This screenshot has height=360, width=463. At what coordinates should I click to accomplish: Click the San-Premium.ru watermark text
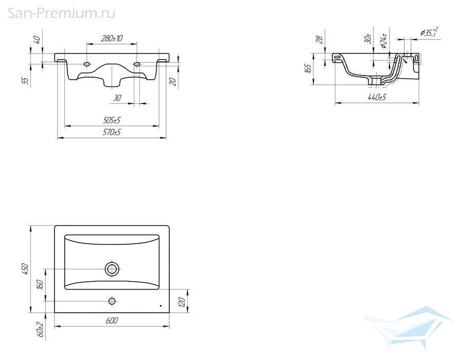pyautogui.click(x=61, y=13)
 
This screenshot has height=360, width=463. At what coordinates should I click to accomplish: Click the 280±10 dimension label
pyautogui.click(x=112, y=39)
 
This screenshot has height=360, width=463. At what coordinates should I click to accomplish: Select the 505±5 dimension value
pyautogui.click(x=112, y=120)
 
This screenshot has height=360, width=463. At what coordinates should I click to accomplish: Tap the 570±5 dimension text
pyautogui.click(x=112, y=133)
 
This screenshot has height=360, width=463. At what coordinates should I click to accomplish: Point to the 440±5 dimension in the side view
pyautogui.click(x=377, y=97)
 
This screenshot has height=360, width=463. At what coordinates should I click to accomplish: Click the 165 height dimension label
pyautogui.click(x=308, y=69)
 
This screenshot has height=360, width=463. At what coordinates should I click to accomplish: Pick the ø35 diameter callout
pyautogui.click(x=429, y=32)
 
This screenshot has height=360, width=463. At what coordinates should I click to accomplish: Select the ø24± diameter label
pyautogui.click(x=383, y=41)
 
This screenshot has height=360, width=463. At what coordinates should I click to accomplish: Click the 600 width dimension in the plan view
pyautogui.click(x=112, y=320)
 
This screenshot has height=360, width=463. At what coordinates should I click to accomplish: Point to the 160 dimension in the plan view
pyautogui.click(x=40, y=284)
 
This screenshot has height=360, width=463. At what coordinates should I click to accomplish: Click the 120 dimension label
pyautogui.click(x=182, y=302)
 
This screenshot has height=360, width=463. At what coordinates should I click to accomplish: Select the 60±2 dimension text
pyautogui.click(x=40, y=329)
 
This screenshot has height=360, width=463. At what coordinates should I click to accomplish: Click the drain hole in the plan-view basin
pyautogui.click(x=112, y=269)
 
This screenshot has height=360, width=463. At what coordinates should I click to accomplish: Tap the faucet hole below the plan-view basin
pyautogui.click(x=112, y=301)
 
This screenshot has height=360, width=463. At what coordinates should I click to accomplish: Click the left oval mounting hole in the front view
pyautogui.click(x=87, y=64)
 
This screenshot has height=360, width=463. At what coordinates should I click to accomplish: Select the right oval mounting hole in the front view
pyautogui.click(x=137, y=64)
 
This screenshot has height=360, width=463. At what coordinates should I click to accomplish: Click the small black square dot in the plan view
pyautogui.click(x=161, y=305)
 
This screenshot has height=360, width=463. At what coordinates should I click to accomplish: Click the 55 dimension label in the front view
pyautogui.click(x=27, y=81)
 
